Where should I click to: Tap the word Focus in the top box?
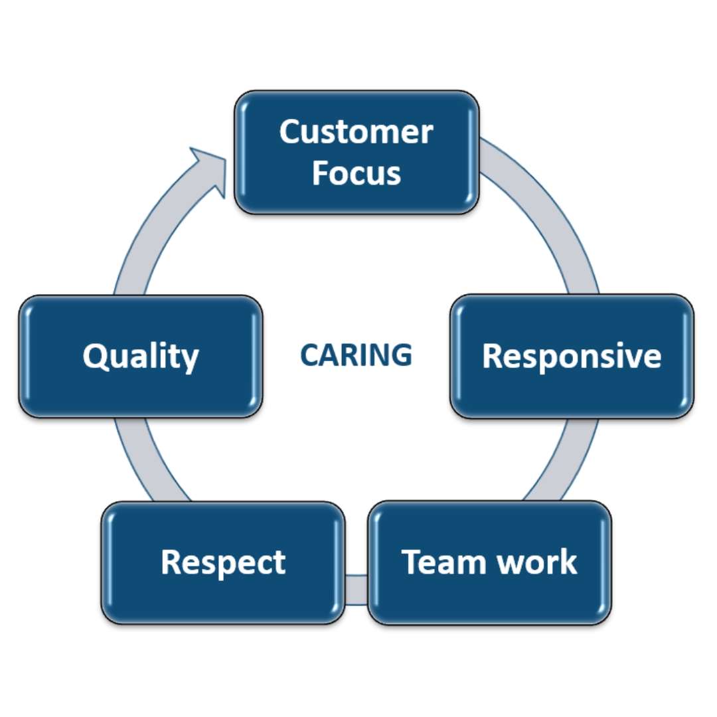pos(357,173)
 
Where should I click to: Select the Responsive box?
pos(572,357)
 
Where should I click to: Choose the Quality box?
pos(141,357)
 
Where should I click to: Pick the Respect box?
pos(223,563)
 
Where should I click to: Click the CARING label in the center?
pos(356,355)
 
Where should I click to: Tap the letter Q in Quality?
pos(96,357)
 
